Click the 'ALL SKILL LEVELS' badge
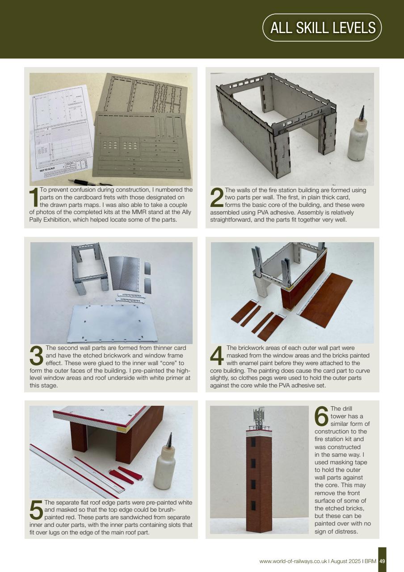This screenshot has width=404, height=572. pyautogui.click(x=322, y=28)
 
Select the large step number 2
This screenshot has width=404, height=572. pyautogui.click(x=216, y=198)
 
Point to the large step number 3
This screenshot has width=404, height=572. pyautogui.click(x=37, y=356)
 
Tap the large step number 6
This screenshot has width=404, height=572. pyautogui.click(x=321, y=417)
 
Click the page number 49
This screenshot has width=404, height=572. pyautogui.click(x=382, y=561)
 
